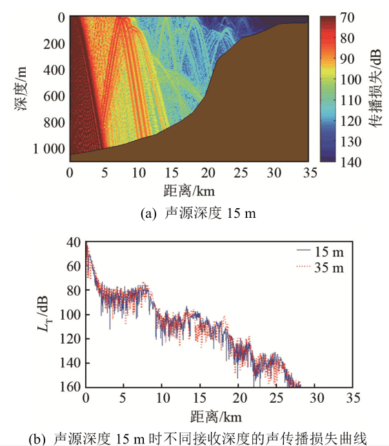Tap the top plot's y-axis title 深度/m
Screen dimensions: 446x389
coord(22,88)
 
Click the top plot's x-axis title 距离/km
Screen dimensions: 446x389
coord(188,191)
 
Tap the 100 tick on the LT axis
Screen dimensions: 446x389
coord(70,315)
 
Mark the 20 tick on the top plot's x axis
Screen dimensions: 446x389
coord(206,173)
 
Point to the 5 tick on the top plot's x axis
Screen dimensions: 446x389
coord(103,173)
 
